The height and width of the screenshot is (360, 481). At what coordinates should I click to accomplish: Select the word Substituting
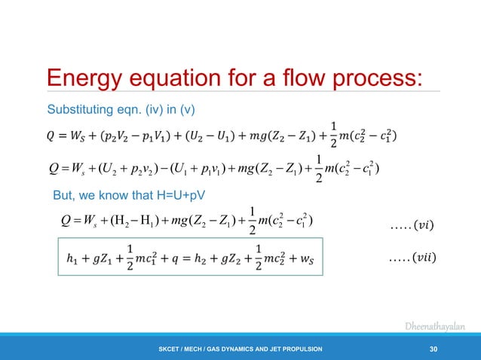[x=81, y=111]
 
